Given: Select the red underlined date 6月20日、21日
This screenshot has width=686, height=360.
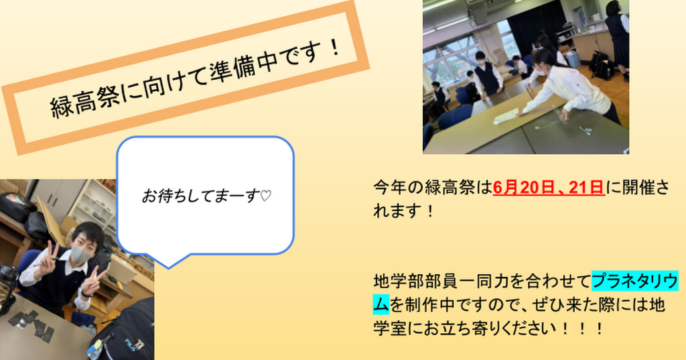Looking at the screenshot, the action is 549,188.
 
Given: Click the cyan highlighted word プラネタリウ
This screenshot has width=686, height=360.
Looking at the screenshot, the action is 635,281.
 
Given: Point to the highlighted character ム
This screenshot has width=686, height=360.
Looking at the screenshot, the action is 381,304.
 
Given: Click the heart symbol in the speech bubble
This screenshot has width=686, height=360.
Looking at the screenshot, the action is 265,196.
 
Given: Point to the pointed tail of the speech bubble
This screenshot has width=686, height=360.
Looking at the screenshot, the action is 168,267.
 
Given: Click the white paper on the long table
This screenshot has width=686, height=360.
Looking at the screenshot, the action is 506,116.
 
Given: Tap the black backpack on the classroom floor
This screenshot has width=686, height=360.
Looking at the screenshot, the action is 602,66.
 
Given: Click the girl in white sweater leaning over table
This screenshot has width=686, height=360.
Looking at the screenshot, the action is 568,88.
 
